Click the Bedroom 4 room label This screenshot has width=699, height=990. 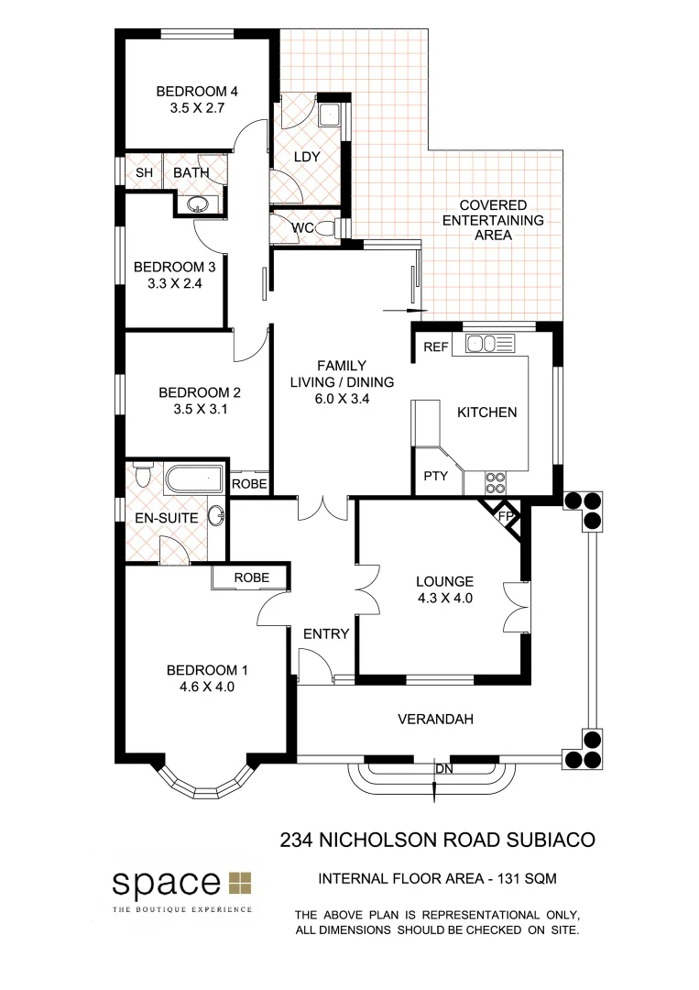(x=197, y=92)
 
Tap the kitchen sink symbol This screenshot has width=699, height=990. (x=490, y=345)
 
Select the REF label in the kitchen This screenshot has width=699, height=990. (x=436, y=346)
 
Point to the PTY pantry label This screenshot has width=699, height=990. (x=434, y=477)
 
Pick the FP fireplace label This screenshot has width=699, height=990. (x=504, y=516)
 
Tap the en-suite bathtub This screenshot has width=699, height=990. (x=194, y=478)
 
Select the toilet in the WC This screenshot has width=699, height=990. (x=335, y=228)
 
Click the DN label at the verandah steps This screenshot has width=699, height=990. (x=443, y=768)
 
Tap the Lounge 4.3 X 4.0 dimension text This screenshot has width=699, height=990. (x=444, y=599)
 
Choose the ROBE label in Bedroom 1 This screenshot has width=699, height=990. (x=252, y=577)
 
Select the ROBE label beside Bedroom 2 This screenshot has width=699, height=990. (x=248, y=484)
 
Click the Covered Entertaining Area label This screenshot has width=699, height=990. (x=493, y=220)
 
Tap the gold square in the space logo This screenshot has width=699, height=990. (x=240, y=883)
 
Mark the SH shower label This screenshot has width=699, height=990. (x=144, y=172)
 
